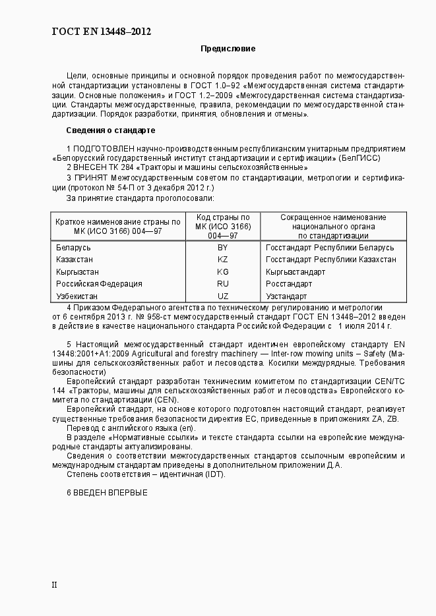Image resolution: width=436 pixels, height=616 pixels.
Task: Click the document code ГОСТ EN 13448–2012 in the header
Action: pos(102,31)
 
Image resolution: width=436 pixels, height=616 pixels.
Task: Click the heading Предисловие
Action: pos(228,49)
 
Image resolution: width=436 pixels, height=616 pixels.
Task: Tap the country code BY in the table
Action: pos(222,248)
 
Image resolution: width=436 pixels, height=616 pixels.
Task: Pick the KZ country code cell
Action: pos(222,260)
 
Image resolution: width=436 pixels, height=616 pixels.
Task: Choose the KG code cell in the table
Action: pos(222,271)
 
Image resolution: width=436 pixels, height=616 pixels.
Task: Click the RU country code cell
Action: pos(222,284)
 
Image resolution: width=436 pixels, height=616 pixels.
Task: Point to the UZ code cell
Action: pos(222,296)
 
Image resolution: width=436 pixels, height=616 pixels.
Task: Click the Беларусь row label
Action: pos(73,248)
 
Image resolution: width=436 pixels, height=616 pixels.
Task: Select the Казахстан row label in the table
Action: pos(76,260)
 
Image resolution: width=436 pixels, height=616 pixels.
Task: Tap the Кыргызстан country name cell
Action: pos(78,271)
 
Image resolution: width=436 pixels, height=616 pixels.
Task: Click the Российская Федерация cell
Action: pos(99,284)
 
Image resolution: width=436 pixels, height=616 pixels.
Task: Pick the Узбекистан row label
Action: pos(78,296)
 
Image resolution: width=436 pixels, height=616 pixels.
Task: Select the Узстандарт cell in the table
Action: pos(286,296)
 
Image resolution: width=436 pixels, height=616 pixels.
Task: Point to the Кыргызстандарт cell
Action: pos(295,271)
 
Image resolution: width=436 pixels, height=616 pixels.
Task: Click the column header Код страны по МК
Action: pos(222,226)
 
